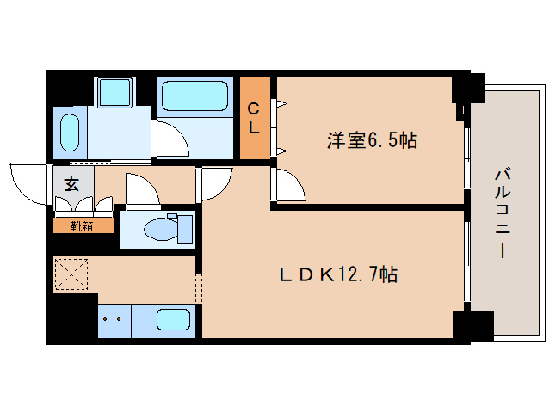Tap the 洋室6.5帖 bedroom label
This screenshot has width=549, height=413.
(x=371, y=140)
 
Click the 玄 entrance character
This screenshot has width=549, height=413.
(x=70, y=184)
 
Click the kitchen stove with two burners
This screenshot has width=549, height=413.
(x=113, y=320)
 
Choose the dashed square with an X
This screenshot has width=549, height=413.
(x=71, y=274)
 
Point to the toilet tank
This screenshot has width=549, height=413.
(x=184, y=230)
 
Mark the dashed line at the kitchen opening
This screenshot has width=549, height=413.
(x=199, y=289)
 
